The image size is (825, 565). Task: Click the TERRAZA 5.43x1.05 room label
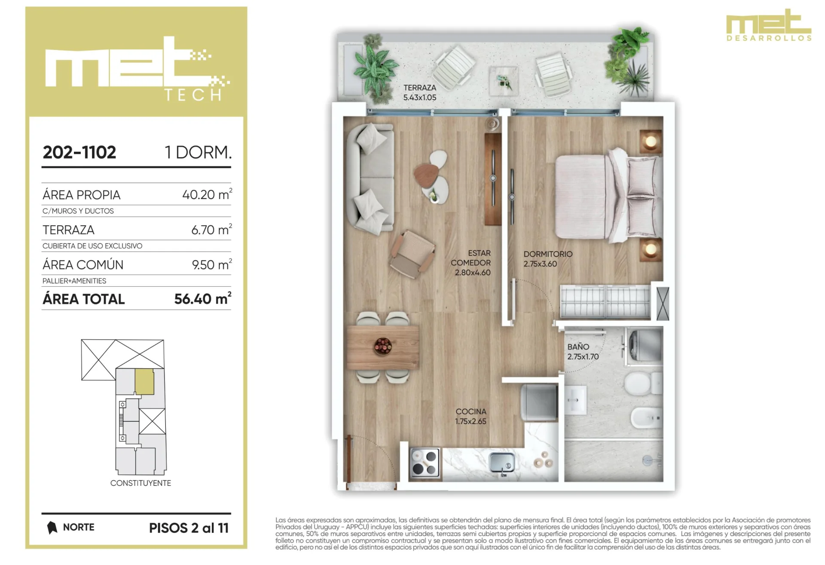point(419,92)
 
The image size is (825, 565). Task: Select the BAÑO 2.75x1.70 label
point(583,352)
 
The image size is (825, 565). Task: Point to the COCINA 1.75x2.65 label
point(471,416)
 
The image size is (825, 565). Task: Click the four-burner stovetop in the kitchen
point(425,463)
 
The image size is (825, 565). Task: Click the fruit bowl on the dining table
point(383,346)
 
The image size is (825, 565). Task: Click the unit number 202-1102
point(79,152)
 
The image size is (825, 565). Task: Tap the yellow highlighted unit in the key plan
point(144,382)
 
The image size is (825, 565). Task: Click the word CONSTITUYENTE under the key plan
point(141,483)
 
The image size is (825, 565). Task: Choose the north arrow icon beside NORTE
point(52,528)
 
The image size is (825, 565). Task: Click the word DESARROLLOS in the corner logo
point(769,38)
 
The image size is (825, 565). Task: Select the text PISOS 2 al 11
point(189,528)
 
